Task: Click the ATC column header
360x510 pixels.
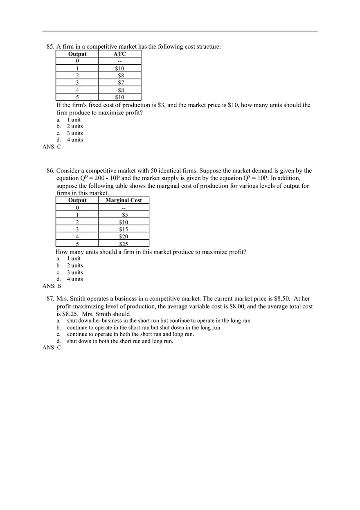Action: click(119, 54)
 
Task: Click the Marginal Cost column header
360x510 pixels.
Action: click(124, 200)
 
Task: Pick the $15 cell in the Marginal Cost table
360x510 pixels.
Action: click(124, 229)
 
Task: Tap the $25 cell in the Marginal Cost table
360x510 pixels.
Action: click(124, 244)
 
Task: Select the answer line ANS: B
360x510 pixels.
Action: click(52, 286)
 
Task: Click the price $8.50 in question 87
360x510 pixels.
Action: click(281, 299)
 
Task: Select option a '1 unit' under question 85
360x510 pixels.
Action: click(74, 120)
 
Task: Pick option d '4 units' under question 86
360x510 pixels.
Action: click(74, 279)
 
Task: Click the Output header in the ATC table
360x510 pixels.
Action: click(77, 54)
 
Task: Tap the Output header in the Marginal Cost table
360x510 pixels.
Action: click(77, 200)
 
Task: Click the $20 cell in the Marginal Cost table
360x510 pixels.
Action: click(124, 236)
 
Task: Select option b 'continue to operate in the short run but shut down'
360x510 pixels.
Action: click(144, 328)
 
